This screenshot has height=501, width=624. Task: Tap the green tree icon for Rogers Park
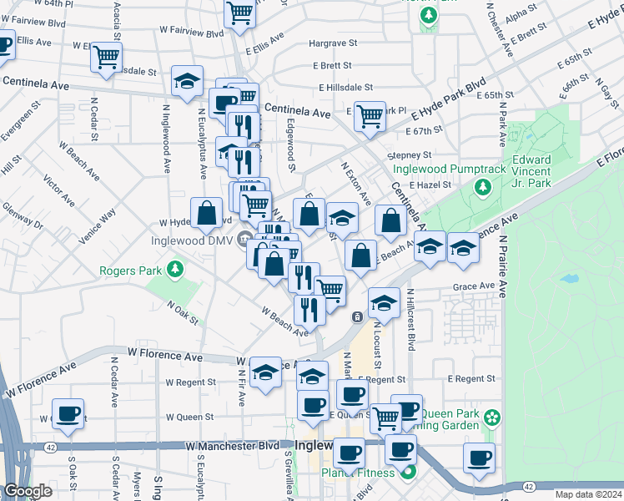[174, 270]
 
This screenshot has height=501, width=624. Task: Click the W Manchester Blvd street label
[238, 446]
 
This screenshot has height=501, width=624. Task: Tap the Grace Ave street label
[474, 286]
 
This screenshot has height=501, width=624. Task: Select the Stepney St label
[410, 155]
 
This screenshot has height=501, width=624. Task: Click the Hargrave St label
[333, 43]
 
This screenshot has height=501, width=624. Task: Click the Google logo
[28, 491]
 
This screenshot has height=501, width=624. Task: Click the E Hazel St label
[430, 185]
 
